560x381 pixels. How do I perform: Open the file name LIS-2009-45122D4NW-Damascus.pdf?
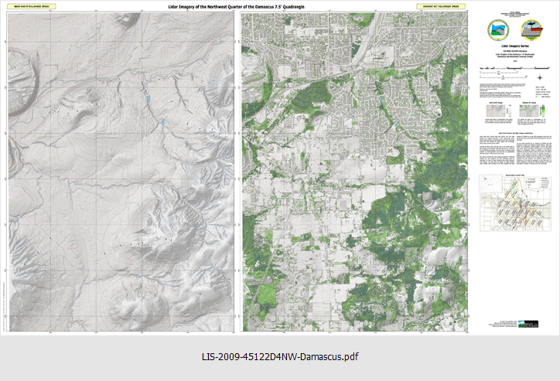(280, 357)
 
